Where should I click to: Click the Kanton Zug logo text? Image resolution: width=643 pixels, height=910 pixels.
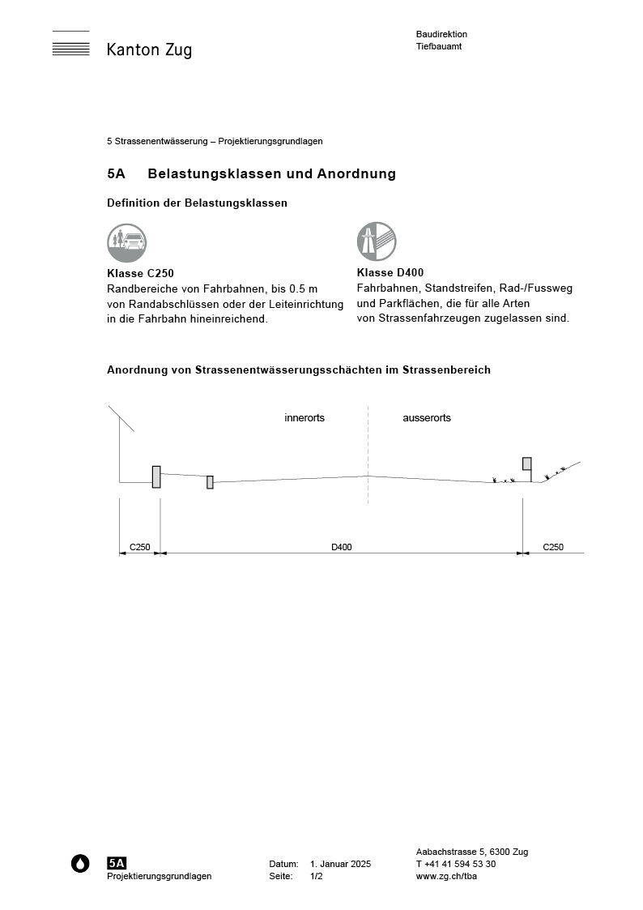coord(149,50)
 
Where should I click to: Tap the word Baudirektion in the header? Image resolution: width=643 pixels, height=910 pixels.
coord(441,34)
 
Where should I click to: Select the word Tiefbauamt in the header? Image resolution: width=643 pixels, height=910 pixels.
coord(439,46)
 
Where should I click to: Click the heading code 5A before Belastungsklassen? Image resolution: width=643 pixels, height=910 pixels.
coord(116,174)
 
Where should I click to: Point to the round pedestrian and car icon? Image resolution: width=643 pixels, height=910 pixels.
coord(126,242)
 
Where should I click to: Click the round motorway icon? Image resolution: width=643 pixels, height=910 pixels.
coord(377,241)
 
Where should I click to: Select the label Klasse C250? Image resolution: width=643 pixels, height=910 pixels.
coord(140,273)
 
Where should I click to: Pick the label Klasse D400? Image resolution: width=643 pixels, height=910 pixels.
coord(390,273)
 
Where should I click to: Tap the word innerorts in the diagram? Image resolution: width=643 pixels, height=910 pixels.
coord(304,418)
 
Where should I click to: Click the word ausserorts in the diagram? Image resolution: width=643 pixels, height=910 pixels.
coord(427,418)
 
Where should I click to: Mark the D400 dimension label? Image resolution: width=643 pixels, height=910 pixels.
coord(342,548)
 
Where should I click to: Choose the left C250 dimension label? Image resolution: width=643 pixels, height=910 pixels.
coord(140,548)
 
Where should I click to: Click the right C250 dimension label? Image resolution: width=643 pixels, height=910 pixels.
coord(553,548)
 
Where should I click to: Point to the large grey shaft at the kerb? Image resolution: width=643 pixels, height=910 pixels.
coord(156,477)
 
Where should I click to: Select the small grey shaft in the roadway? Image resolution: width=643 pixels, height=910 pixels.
coord(210,482)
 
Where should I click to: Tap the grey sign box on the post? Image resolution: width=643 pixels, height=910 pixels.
coord(527,464)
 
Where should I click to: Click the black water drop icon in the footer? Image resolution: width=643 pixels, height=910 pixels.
coord(80,864)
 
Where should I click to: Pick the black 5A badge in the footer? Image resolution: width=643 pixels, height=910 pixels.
coord(117,863)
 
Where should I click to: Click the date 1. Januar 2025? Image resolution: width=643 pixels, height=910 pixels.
coord(340,865)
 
